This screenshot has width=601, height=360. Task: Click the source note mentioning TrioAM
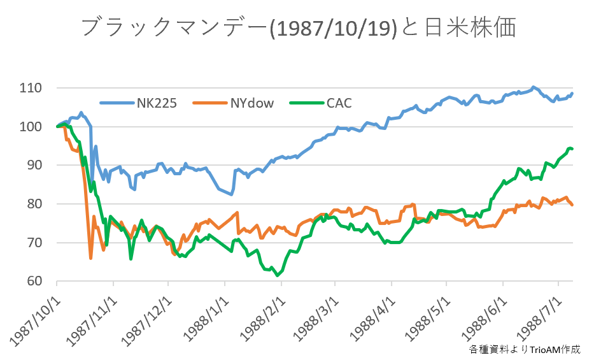525,349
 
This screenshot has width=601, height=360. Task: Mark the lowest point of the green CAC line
278,275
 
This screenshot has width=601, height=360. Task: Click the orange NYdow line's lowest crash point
90,258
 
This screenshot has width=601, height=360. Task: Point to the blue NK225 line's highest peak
534,87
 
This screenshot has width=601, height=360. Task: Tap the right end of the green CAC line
572,149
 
